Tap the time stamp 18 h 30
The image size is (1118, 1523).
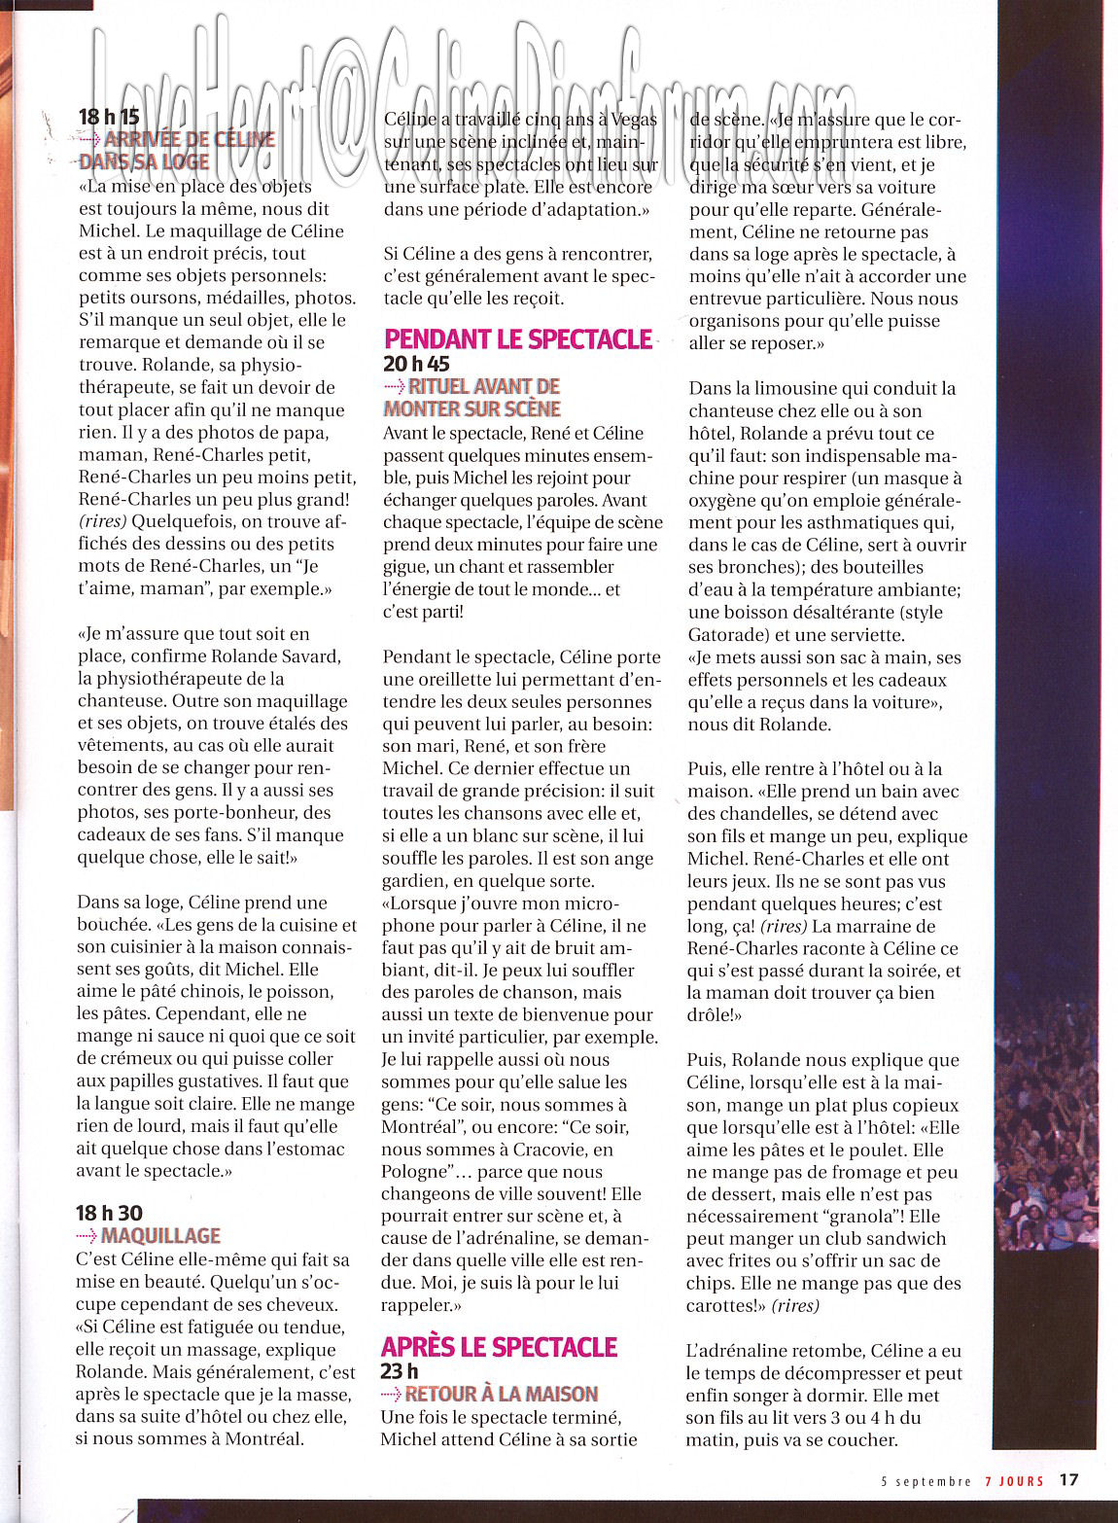[110, 1213]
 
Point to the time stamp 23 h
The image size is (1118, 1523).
[400, 1371]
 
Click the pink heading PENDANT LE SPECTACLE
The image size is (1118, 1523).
[518, 339]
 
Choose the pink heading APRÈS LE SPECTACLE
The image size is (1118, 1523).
[499, 1347]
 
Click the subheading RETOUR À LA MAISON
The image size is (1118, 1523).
[502, 1395]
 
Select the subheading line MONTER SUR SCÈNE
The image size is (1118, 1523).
[472, 409]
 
